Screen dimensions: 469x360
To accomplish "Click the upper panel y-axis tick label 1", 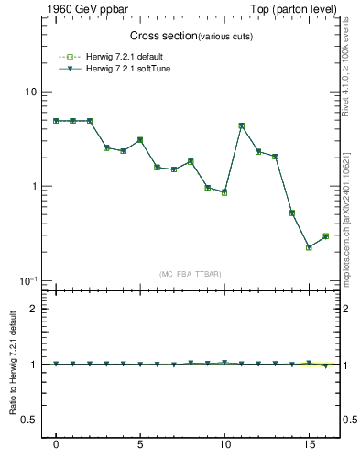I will pos(34,187).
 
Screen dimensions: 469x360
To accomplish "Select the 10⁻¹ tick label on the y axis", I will pos(29,280).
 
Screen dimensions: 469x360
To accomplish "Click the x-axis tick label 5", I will pos(140,448).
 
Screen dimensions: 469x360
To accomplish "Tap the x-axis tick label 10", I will pos(224,448).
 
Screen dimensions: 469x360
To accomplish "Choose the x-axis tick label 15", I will pos(309,448).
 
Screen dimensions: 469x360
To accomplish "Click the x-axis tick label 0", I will pos(56,448).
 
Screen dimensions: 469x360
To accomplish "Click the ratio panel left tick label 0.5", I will pos(29,420).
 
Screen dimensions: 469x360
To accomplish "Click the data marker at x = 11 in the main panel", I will pos(241,125).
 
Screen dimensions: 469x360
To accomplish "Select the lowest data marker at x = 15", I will pos(309,247).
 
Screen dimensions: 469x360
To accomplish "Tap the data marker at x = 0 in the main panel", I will pos(56,121).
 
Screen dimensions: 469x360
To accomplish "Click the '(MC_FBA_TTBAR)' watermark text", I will pos(191,274).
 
